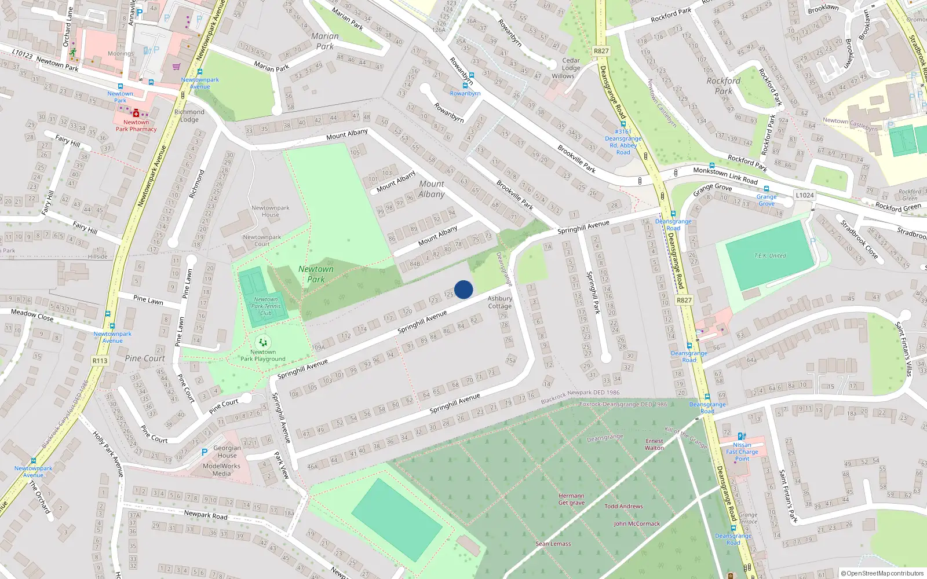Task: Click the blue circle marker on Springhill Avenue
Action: (x=463, y=289)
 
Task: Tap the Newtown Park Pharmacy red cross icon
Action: (x=136, y=113)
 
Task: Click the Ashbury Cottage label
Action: (x=499, y=302)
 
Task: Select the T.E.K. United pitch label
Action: (x=769, y=255)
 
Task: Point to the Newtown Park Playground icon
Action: (x=263, y=342)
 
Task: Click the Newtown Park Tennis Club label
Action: (x=266, y=306)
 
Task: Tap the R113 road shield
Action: (x=100, y=361)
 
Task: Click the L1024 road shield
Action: (x=804, y=195)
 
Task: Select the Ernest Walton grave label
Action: (x=654, y=444)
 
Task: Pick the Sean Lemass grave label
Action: (x=553, y=544)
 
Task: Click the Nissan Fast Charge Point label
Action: (x=742, y=452)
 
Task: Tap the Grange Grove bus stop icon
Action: (x=766, y=189)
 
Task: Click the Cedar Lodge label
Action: (x=571, y=64)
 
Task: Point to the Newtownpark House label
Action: (x=270, y=211)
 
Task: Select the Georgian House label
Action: (x=227, y=452)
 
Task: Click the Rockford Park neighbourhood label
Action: (x=723, y=86)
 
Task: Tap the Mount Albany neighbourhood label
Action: (x=432, y=189)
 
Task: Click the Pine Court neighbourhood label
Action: (x=145, y=358)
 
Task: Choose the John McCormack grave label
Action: (x=637, y=523)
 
